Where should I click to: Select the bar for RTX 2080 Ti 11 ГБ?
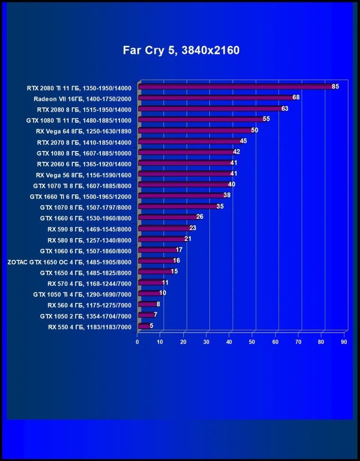coord(234,87)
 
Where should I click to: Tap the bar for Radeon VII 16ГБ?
coord(216,98)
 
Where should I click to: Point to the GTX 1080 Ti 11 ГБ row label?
coord(78,120)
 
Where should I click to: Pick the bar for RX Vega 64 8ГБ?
coord(194,131)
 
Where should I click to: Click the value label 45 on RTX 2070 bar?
coord(243,141)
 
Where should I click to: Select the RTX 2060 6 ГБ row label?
coord(84,164)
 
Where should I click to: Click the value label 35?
coord(220,206)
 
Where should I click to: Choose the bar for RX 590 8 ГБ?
coord(163,228)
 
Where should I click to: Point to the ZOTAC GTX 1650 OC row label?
coord(69,261)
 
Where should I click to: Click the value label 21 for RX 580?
coord(188,239)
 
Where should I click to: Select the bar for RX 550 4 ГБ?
coord(143,326)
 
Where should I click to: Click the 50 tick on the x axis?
coord(252,342)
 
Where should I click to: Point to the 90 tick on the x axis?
coord(344,342)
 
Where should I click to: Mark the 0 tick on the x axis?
coord(137,342)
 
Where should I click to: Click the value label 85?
coord(335,87)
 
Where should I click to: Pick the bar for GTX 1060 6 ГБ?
coord(156,250)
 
